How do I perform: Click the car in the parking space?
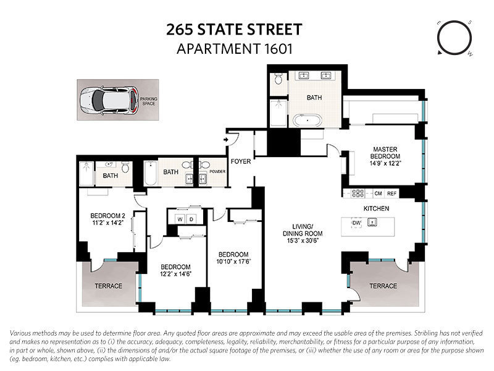(x=109, y=99)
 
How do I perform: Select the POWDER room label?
(x=218, y=172)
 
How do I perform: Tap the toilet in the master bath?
(x=278, y=79)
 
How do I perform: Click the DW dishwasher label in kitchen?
(x=356, y=222)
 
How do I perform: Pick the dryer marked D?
(x=191, y=219)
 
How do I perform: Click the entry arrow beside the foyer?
(x=226, y=141)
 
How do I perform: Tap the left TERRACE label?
(x=108, y=286)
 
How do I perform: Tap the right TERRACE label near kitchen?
(x=382, y=286)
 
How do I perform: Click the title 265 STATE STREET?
(x=234, y=28)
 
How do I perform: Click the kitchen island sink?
(x=372, y=223)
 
